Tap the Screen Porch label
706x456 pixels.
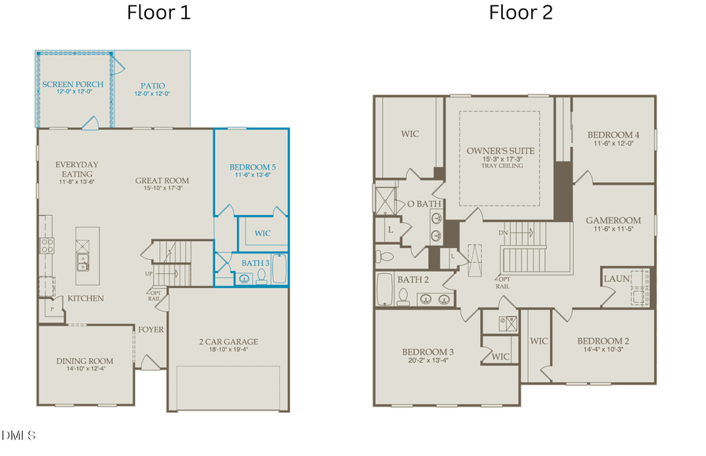click(73, 84)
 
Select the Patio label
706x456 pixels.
click(152, 86)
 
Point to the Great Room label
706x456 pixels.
click(162, 181)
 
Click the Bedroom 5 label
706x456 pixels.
click(253, 167)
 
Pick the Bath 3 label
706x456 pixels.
click(254, 263)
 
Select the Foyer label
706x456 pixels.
click(151, 330)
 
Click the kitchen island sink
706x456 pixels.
click(82, 259)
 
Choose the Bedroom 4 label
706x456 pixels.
click(613, 134)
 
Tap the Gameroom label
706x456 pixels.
click(613, 221)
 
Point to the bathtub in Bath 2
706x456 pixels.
click(384, 289)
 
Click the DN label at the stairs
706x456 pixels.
click(504, 233)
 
